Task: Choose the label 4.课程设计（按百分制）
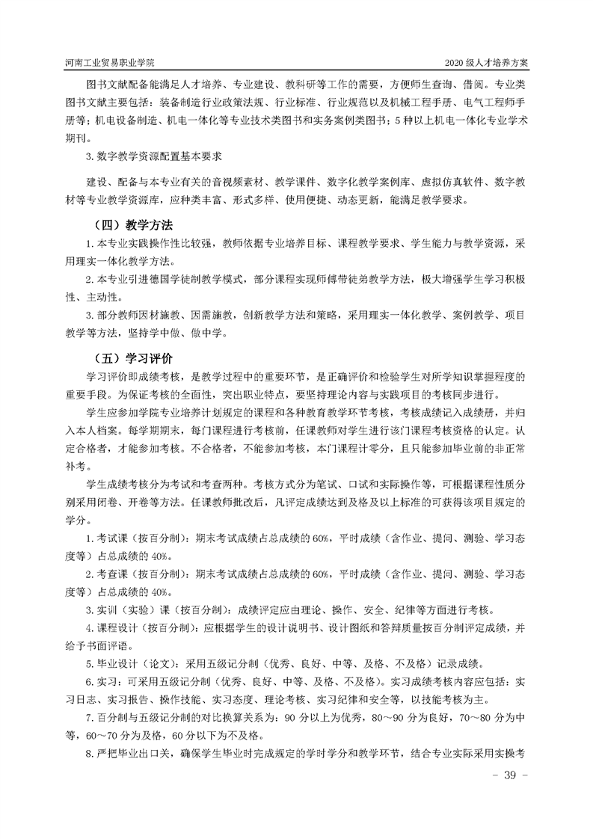click(x=143, y=627)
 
